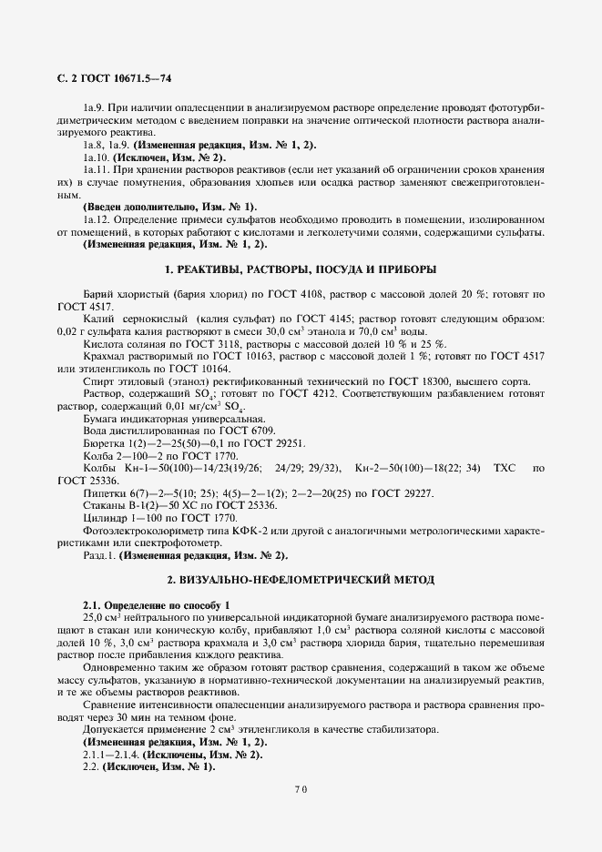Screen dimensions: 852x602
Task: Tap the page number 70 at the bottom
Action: point(300,789)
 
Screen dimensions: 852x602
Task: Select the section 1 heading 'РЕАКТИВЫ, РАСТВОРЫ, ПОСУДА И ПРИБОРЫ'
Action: point(300,269)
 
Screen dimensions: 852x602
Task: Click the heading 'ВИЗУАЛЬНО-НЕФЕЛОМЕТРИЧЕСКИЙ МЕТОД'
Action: point(300,579)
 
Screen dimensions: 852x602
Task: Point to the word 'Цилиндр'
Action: point(104,517)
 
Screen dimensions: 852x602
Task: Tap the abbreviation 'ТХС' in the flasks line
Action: point(504,468)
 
